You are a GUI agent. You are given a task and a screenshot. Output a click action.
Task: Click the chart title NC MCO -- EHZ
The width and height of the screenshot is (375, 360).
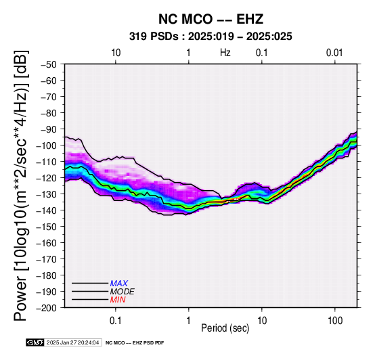(x=211, y=19)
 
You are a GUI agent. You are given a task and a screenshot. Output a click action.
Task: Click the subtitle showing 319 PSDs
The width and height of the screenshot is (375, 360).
(x=211, y=37)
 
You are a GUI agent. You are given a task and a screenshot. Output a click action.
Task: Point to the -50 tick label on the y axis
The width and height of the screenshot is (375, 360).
(x=49, y=64)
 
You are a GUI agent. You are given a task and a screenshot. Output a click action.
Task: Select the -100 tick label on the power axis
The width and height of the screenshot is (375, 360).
(x=46, y=145)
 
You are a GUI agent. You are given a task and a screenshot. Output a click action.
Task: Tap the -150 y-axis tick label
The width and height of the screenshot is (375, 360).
(x=46, y=227)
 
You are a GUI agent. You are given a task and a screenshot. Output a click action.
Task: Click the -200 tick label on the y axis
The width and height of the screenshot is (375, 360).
(x=46, y=308)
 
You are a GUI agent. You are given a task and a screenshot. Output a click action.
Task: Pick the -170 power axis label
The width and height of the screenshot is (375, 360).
(x=46, y=259)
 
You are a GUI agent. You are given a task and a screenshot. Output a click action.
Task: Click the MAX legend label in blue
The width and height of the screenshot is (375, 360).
(x=119, y=284)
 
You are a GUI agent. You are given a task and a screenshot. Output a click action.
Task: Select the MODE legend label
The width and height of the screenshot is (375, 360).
(x=123, y=292)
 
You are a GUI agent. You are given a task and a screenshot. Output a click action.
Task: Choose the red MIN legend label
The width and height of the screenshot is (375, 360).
(x=118, y=300)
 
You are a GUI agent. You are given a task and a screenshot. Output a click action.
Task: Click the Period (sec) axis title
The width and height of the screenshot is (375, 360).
(x=225, y=328)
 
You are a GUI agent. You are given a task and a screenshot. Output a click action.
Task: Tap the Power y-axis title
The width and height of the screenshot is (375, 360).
(x=21, y=185)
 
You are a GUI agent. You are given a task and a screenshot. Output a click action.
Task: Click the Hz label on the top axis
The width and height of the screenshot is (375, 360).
(x=225, y=53)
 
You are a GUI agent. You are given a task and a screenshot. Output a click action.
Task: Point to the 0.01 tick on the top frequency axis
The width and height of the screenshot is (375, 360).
(x=334, y=53)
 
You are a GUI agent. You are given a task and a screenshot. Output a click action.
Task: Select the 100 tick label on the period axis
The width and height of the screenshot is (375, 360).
(x=335, y=321)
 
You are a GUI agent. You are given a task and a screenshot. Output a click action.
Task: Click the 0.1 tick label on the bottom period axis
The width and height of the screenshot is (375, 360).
(x=116, y=321)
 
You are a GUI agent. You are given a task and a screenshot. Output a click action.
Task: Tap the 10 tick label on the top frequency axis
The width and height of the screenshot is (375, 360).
(x=116, y=53)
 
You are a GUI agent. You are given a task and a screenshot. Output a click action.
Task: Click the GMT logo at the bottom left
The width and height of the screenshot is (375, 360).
(x=35, y=342)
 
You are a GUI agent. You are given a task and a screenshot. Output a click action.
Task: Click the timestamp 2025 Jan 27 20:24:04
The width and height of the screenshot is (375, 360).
(x=72, y=342)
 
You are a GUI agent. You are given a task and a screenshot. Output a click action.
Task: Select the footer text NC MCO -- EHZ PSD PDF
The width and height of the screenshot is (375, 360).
(x=135, y=343)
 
